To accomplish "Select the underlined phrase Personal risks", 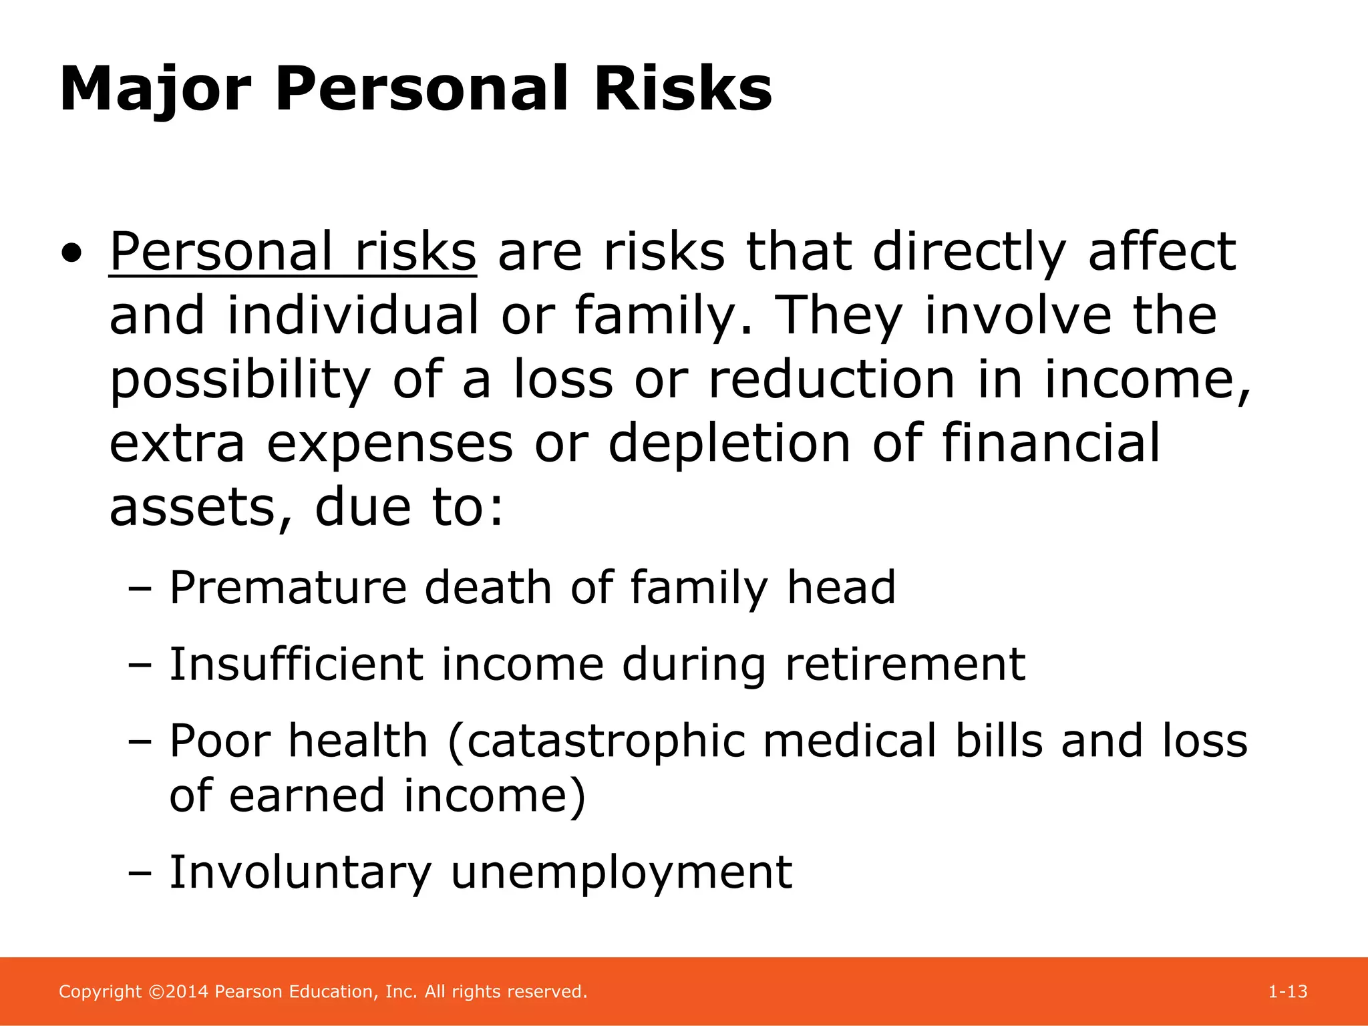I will [293, 252].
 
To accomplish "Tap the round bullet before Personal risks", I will [72, 254].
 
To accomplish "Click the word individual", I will [353, 315].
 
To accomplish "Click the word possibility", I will [239, 379].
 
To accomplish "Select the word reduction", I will [832, 379].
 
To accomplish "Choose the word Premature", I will [288, 588].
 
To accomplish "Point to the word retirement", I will [905, 665].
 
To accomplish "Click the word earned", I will [307, 796].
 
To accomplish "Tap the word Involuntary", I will [300, 872].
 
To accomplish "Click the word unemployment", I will [621, 872].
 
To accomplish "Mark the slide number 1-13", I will [1287, 992].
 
